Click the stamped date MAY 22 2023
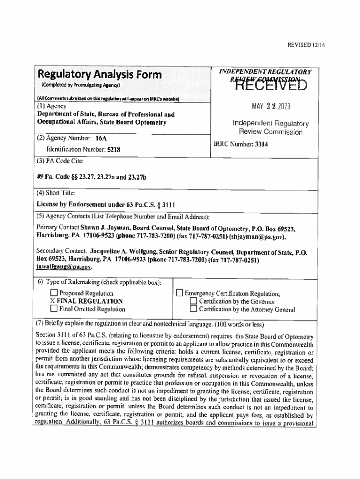click(271, 106)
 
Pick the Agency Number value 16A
click(101, 138)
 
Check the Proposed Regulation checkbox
click(54, 293)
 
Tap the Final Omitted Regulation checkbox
click(54, 309)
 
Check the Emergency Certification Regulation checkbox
click(179, 293)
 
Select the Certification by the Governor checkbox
click(194, 301)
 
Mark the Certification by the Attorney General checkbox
click(194, 309)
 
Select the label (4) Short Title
click(56, 193)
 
